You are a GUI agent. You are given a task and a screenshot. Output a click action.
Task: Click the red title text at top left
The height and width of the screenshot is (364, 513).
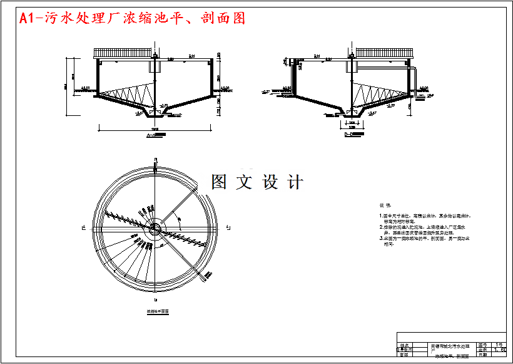pos(132,18)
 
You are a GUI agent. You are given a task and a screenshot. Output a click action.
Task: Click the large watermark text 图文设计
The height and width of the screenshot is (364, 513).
pos(258,182)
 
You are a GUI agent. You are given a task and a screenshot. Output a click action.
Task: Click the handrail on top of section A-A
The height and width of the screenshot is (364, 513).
pos(124,53)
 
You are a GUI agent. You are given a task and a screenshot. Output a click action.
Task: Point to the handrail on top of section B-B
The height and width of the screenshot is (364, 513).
pos(383,53)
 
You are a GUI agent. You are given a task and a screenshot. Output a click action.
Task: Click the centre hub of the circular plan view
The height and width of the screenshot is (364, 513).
pos(153,228)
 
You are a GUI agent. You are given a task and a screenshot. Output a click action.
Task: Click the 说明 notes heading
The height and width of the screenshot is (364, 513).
pos(385,205)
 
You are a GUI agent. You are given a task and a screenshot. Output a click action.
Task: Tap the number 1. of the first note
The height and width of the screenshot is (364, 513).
pos(381,216)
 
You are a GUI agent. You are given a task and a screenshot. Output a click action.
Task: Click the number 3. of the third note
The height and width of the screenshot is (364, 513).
pos(381,239)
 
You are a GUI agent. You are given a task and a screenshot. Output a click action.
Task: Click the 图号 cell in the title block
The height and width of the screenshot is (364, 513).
pos(482,345)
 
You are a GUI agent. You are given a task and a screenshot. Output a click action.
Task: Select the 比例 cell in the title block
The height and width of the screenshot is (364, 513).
pos(482,350)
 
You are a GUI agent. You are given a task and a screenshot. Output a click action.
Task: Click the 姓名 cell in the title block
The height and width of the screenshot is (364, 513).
pos(404,345)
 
